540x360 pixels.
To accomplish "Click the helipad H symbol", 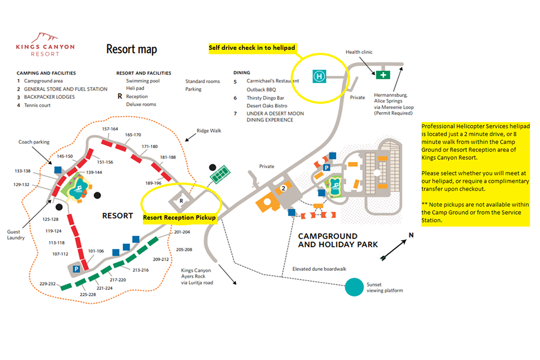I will pos(319,77).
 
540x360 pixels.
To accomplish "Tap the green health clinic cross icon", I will pos(383,74).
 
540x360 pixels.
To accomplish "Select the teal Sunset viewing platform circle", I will pos(355,287).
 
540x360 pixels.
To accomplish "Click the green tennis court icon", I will pos(220,175).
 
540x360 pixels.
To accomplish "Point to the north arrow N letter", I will pos(411,235).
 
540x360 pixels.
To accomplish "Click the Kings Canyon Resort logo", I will pos(45,45).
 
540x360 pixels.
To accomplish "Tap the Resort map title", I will pos(132,49).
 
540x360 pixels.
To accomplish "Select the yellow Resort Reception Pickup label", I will pos(179,218).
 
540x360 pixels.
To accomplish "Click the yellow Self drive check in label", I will pos(252,48).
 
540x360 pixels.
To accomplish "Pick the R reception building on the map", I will pos(181,200).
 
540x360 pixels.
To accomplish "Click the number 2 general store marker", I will pos(283,188).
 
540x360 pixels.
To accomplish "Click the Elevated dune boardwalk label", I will pos(319,268).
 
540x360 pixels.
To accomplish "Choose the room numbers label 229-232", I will pos(48,284).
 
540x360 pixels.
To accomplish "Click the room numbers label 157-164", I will pos(110,129).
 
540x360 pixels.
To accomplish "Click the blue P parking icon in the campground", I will pos(326,168).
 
